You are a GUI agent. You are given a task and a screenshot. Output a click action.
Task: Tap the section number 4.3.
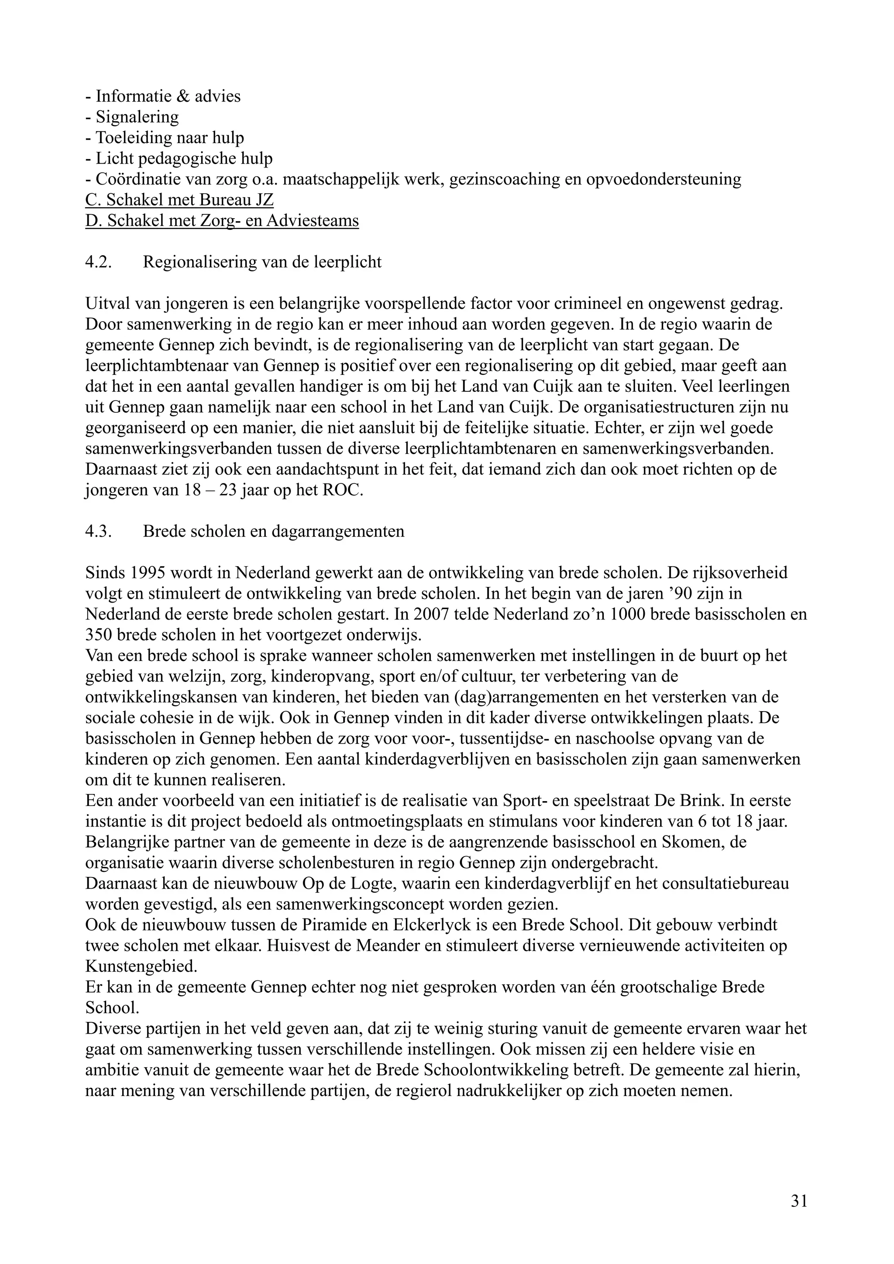[99, 531]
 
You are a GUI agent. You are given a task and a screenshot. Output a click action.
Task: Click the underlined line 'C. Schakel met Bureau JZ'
[179, 199]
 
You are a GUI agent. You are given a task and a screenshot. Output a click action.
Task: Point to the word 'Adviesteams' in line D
[312, 220]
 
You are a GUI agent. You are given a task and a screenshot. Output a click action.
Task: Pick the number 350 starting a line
[99, 635]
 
